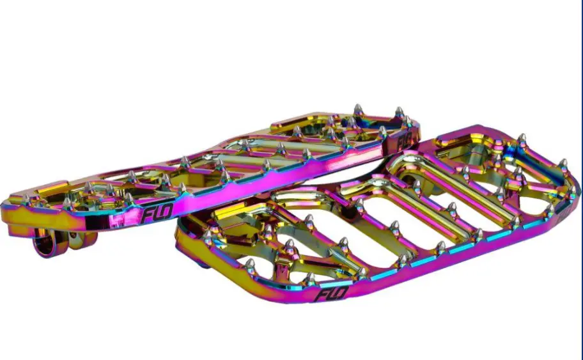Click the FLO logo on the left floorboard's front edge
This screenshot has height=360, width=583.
click(157, 213)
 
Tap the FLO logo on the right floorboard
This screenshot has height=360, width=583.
click(331, 293)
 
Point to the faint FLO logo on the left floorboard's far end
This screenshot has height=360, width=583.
click(405, 141)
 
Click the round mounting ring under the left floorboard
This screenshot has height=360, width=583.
click(46, 242)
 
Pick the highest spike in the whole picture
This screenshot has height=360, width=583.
click(358, 110)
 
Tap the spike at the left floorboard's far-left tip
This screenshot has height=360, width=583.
click(27, 199)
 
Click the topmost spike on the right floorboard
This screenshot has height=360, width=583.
click(522, 140)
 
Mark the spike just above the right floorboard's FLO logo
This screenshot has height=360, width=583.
click(310, 279)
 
